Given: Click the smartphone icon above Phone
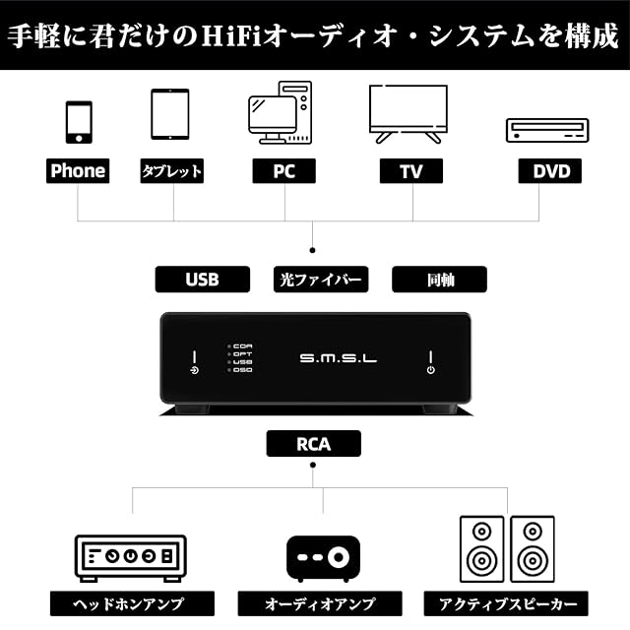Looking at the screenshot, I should coord(79,122).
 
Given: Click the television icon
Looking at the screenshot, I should coord(408,113).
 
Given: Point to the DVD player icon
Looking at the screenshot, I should coord(546,130).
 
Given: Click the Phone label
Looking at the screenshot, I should coord(78,171).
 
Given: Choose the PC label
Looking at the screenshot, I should coord(284,171).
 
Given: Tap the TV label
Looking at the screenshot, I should coord(410,171).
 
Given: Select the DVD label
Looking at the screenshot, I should coord(551,171).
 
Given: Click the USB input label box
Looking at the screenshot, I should coord(202,280).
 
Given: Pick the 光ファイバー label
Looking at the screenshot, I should coord(320,280).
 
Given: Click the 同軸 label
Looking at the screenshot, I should coord(439,280).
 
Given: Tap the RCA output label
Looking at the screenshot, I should coord(313,444).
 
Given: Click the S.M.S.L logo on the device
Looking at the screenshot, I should coord(338,359).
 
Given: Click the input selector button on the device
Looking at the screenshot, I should coord(194,370).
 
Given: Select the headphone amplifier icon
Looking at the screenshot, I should coord(130,556).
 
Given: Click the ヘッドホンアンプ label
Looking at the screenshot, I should coord(132,603).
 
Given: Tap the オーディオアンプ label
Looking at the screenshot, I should coord(319,603).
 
